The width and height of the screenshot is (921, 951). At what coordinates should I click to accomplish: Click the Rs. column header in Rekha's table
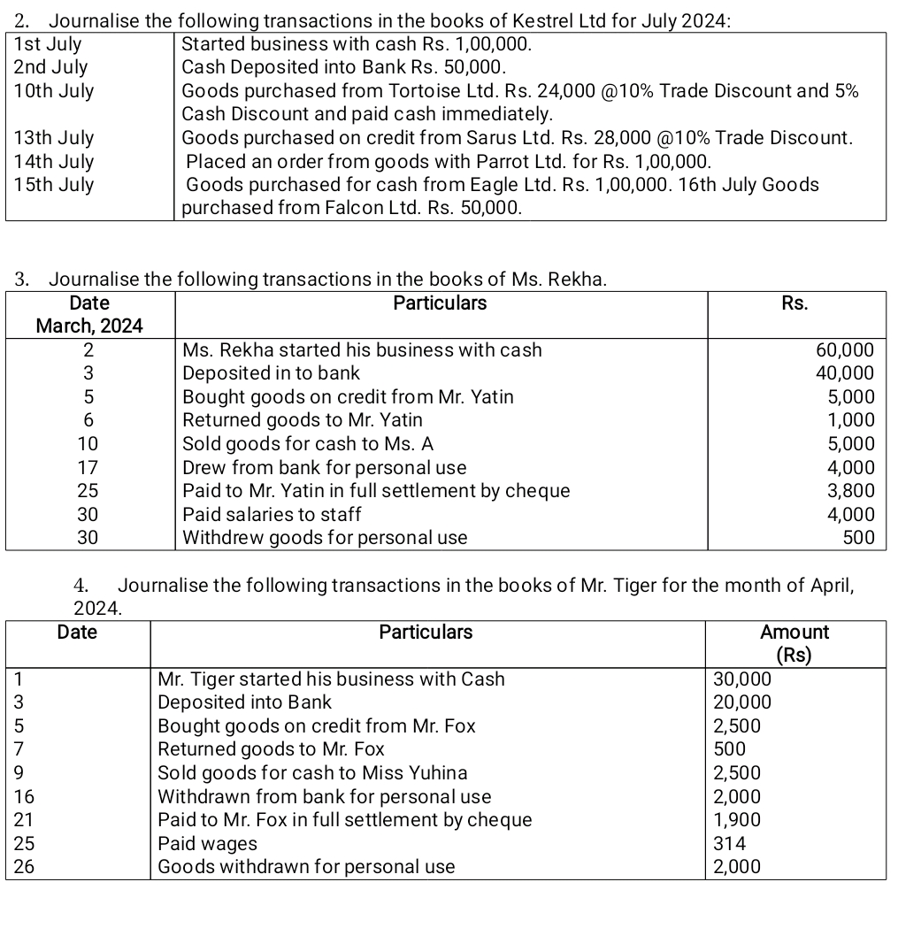pos(795,303)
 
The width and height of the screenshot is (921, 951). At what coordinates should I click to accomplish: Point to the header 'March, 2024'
pos(89,326)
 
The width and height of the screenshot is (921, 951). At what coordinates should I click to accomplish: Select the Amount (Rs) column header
pos(794,643)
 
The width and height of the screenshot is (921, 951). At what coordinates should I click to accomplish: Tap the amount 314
pos(728,844)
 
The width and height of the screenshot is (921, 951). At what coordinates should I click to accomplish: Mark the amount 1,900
pos(737,820)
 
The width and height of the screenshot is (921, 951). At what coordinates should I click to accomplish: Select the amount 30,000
pos(742,679)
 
